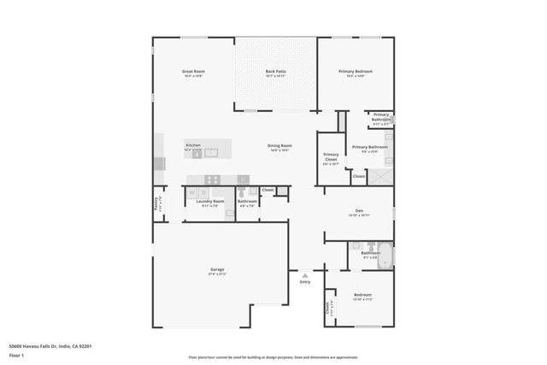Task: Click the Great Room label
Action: click(x=193, y=73)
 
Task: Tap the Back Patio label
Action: click(x=275, y=73)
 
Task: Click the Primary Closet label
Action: click(x=331, y=157)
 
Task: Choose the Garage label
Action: click(x=217, y=271)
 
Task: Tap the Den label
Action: click(x=359, y=212)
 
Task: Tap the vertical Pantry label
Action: click(x=156, y=205)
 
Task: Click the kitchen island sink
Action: click(x=211, y=154)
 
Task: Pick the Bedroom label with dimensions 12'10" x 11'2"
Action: click(x=362, y=297)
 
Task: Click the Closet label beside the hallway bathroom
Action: click(x=268, y=189)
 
